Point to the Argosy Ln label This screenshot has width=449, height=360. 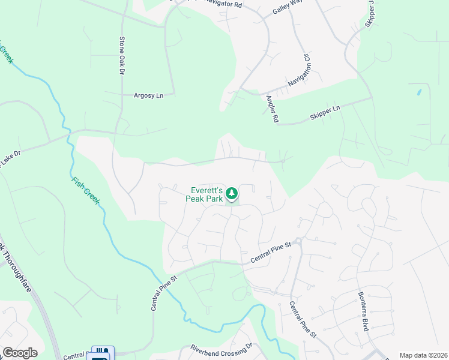148,95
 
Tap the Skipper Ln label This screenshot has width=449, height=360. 325,112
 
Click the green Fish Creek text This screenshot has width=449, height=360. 85,190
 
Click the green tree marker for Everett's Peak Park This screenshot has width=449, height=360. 232,194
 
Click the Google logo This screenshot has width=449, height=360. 20,353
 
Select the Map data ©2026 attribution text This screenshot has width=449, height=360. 423,355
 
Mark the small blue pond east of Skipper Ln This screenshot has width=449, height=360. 419,93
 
